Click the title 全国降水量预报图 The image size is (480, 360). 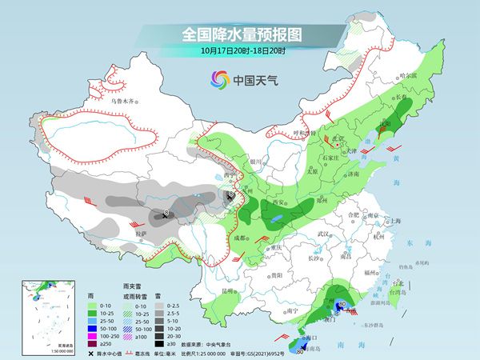(x=241, y=34)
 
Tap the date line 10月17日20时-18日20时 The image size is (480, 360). (x=241, y=51)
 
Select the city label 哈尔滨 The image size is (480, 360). (x=408, y=75)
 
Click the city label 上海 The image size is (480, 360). (x=394, y=221)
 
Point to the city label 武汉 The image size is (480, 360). (x=323, y=234)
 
